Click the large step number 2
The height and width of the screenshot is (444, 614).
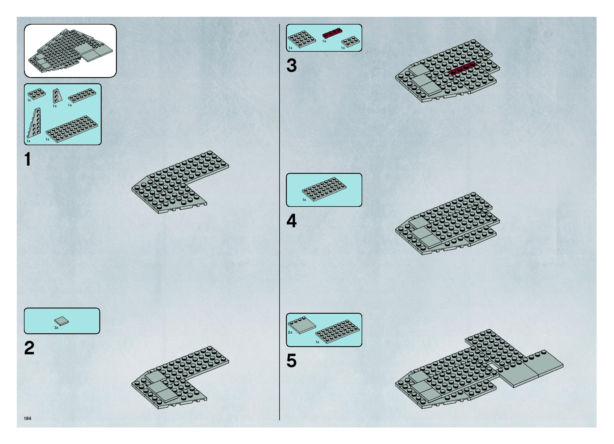[x=29, y=348]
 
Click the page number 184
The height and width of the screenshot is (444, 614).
[x=28, y=418]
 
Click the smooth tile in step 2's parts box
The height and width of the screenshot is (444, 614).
[x=61, y=321]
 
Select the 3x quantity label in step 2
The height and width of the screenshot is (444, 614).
[x=56, y=328]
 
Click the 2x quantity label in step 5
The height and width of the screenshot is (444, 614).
[x=290, y=332]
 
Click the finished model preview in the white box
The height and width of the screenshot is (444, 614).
[x=70, y=51]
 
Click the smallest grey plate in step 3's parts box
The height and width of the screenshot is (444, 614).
[x=350, y=41]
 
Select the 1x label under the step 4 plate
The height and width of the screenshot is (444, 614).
[x=304, y=200]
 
